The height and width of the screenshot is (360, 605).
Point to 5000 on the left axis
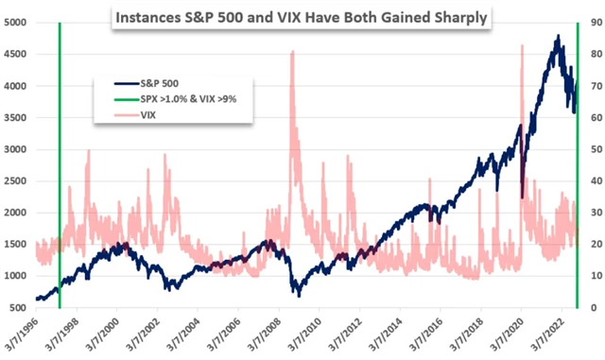pos(15,22)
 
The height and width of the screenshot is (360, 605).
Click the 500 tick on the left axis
pos(18,308)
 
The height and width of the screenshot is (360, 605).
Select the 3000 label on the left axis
pos(15,149)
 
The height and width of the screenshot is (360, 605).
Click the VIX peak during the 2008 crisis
pos(292,53)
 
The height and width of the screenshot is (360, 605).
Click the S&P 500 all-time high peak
pos(558,36)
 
